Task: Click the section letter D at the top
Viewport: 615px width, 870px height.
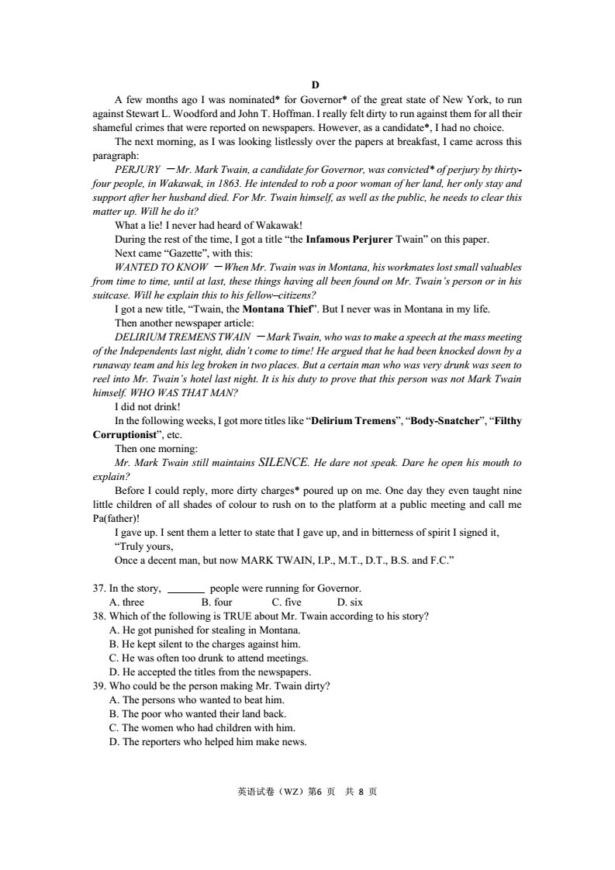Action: coord(315,85)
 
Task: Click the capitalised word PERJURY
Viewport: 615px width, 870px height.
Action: coord(137,170)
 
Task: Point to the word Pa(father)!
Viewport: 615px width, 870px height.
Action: coord(116,519)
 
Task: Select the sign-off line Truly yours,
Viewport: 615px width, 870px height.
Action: coord(146,547)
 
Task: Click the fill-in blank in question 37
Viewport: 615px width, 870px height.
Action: coord(186,589)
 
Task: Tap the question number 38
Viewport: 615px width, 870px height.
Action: coord(99,616)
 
